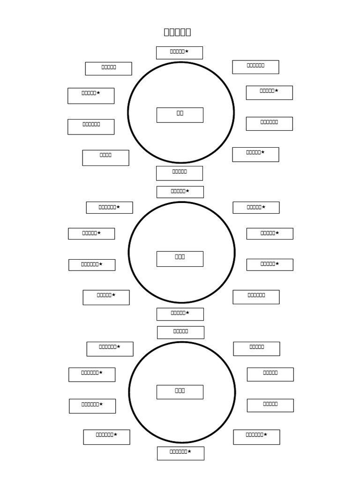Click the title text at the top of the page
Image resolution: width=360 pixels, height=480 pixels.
(x=177, y=32)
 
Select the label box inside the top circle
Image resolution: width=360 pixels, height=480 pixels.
(x=180, y=115)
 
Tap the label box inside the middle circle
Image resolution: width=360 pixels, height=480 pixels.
(x=180, y=259)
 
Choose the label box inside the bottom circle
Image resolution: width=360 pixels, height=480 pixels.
(x=180, y=392)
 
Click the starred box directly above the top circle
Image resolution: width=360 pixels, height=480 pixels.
(x=179, y=52)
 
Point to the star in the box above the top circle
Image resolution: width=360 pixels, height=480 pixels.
(x=187, y=51)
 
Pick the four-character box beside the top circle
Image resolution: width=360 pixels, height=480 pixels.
(x=105, y=157)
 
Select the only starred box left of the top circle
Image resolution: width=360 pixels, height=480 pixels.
(x=90, y=96)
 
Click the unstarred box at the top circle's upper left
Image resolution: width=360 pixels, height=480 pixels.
(x=108, y=68)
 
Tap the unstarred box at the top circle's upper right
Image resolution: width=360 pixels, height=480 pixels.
(x=255, y=67)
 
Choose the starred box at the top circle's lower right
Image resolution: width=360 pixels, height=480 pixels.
(x=255, y=154)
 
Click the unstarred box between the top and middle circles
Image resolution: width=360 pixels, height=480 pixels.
(x=179, y=173)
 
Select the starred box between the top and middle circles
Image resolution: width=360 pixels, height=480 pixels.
(x=180, y=192)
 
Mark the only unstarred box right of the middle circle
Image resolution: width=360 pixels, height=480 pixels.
(x=256, y=297)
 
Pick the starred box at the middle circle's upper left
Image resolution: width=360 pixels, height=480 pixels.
(x=109, y=207)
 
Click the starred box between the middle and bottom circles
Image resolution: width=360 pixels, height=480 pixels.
(x=180, y=314)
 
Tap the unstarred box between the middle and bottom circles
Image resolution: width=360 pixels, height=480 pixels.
(x=180, y=332)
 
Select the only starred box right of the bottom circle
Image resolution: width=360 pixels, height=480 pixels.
(x=256, y=437)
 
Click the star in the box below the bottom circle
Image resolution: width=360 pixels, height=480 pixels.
(x=189, y=451)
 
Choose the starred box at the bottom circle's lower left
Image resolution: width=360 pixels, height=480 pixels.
(x=106, y=437)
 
